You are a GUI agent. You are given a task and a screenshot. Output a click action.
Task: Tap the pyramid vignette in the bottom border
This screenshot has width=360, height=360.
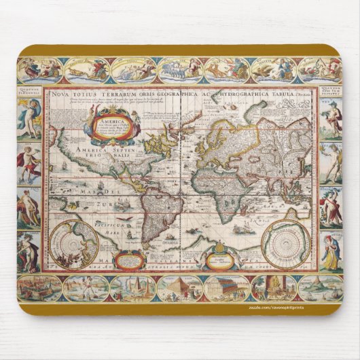[133, 288]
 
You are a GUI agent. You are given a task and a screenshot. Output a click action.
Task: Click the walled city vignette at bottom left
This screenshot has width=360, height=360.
[39, 288]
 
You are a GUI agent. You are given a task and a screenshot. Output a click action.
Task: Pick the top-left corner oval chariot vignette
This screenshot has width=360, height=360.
[39, 71]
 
